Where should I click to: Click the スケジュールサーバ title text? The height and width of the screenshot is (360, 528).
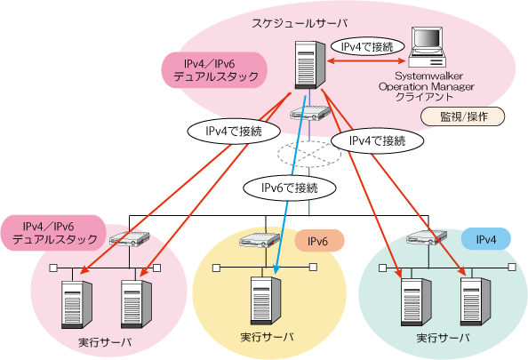point(300,24)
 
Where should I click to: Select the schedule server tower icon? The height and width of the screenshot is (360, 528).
point(310,65)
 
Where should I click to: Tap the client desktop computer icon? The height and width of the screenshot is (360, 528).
point(428,47)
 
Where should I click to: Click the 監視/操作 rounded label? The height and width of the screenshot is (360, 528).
point(463,116)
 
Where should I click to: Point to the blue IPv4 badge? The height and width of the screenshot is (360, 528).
point(486,239)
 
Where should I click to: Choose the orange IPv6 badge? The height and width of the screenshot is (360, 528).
point(319,241)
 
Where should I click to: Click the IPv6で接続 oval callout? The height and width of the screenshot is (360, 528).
point(290,188)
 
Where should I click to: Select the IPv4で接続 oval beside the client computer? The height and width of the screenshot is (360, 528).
point(367,46)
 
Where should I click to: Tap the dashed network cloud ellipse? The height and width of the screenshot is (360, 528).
point(309,155)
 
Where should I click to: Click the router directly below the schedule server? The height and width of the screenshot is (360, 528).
point(310,113)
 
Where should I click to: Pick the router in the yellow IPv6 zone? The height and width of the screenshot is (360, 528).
point(260,240)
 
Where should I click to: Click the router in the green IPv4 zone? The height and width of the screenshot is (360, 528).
point(427,236)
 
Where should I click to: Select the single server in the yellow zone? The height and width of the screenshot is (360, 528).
point(266,300)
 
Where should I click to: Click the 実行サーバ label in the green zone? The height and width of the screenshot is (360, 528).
point(443,338)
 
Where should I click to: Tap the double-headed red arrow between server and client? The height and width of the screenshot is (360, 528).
point(367,61)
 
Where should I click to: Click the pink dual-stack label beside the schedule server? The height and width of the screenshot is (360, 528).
point(214,70)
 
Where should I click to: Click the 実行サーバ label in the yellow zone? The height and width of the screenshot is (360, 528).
point(267,337)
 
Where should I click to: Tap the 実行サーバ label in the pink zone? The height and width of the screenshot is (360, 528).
point(105,342)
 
